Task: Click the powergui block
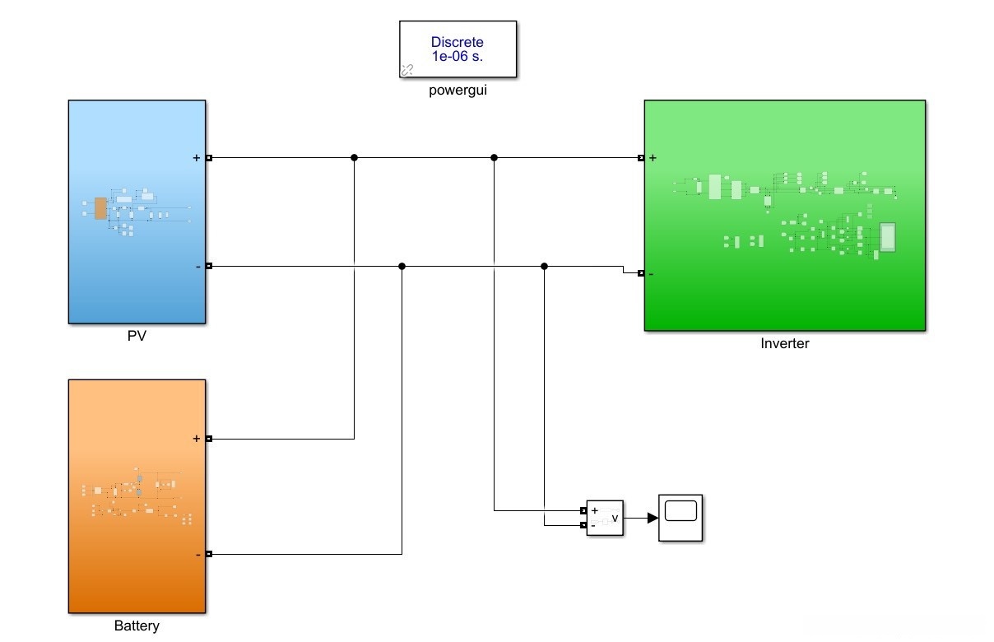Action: tap(458, 49)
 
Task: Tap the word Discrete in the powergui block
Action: tap(457, 42)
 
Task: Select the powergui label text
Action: tap(458, 91)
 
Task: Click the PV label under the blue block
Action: tap(137, 336)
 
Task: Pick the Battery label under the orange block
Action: tap(137, 626)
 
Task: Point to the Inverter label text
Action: tap(784, 343)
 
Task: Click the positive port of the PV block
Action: tap(209, 157)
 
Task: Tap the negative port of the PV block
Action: tap(209, 266)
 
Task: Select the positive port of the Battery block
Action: tap(209, 439)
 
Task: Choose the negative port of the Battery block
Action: tap(209, 554)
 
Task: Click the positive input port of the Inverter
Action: tap(641, 157)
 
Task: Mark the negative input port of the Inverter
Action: tap(641, 273)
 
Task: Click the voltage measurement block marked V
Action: tap(605, 519)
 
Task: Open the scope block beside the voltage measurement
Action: tap(680, 519)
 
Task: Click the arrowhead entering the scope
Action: tap(653, 519)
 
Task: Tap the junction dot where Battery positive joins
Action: tap(354, 157)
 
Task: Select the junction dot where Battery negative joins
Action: tap(402, 267)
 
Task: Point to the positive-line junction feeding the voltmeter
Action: tap(494, 157)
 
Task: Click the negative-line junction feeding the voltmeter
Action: tap(545, 267)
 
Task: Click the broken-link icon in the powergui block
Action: tap(407, 70)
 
